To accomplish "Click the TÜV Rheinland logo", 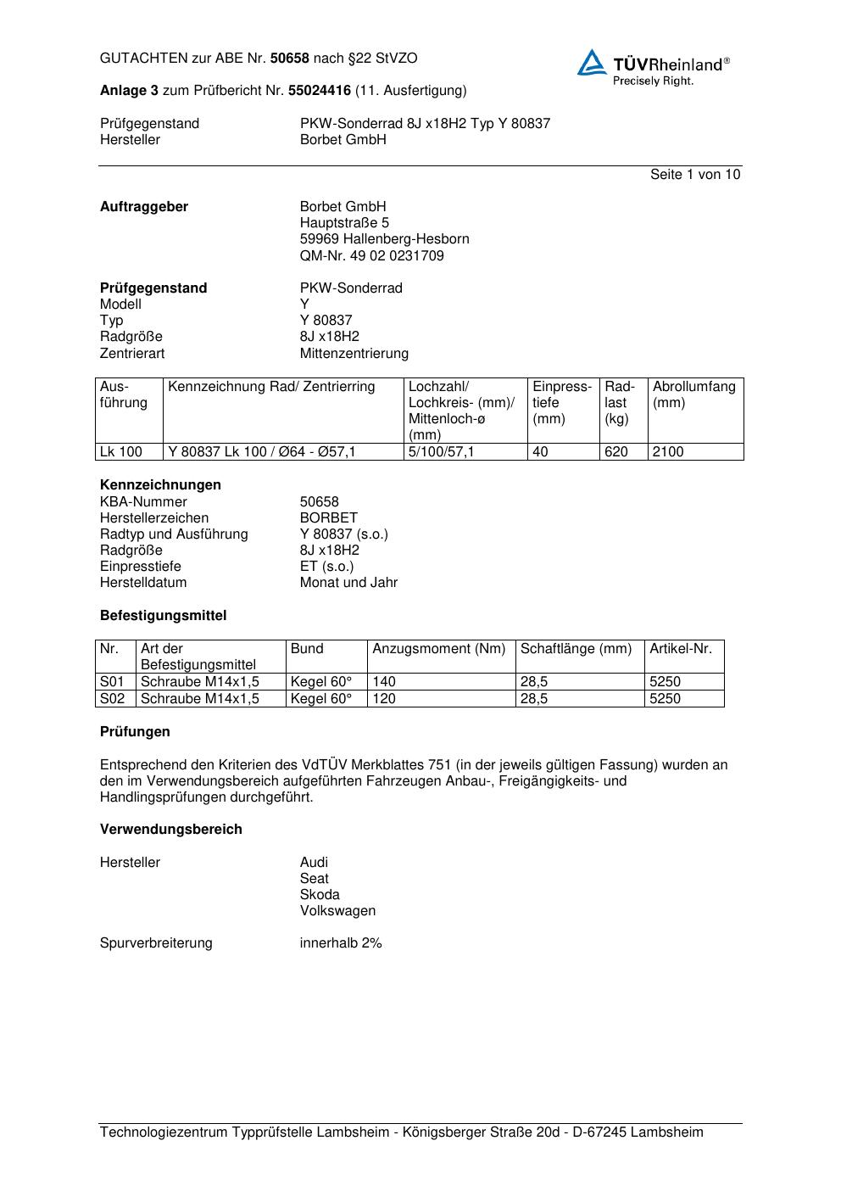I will (x=653, y=67).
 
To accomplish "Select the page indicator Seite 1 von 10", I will (x=694, y=175).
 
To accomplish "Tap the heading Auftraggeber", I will (x=144, y=207).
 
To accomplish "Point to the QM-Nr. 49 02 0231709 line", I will (x=371, y=256).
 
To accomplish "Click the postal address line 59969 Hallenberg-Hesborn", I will (x=384, y=239).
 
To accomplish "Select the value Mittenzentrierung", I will (x=354, y=354).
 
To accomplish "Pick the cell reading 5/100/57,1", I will (x=441, y=452).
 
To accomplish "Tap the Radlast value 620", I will (x=616, y=452).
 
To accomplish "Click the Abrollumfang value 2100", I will (x=668, y=452).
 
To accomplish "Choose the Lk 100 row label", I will (x=121, y=452).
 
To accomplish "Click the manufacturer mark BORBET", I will (x=329, y=518).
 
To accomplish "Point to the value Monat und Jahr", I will (x=348, y=583).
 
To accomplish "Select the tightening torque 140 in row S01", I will (x=384, y=682).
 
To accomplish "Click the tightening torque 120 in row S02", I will (x=384, y=699).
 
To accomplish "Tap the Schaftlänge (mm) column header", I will (x=576, y=649).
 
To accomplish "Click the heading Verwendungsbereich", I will (x=170, y=830).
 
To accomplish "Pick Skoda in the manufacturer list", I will (x=320, y=895).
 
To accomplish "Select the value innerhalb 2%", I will (x=341, y=943).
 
